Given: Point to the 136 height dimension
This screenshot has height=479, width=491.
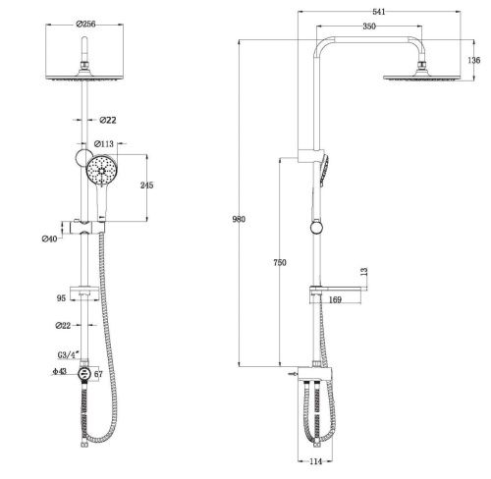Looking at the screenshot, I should point(474,60).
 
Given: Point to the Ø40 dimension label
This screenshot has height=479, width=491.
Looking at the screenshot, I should point(51,237).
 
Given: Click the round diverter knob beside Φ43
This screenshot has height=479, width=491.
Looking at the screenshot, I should point(85,374).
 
